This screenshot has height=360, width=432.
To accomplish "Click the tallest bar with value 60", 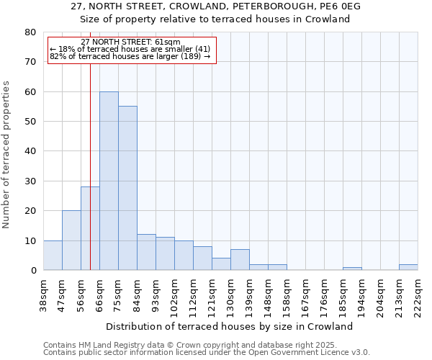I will pos(109,181).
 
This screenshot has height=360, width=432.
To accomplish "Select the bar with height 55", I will pos(127,188).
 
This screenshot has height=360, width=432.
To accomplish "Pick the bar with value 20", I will pos(71,240).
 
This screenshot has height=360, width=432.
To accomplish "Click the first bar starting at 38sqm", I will pos(53,256).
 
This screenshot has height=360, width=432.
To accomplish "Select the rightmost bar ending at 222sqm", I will pos(408,267).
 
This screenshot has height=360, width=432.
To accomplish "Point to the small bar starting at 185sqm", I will pos(352,269).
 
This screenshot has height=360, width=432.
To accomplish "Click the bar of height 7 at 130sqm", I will pos(240,260).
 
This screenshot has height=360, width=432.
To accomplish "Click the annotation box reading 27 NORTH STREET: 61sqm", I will pos(132,50).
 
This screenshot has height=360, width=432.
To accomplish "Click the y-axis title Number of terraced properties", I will pos(7,154).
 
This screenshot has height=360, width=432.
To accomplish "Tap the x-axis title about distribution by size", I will pos(234,326).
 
